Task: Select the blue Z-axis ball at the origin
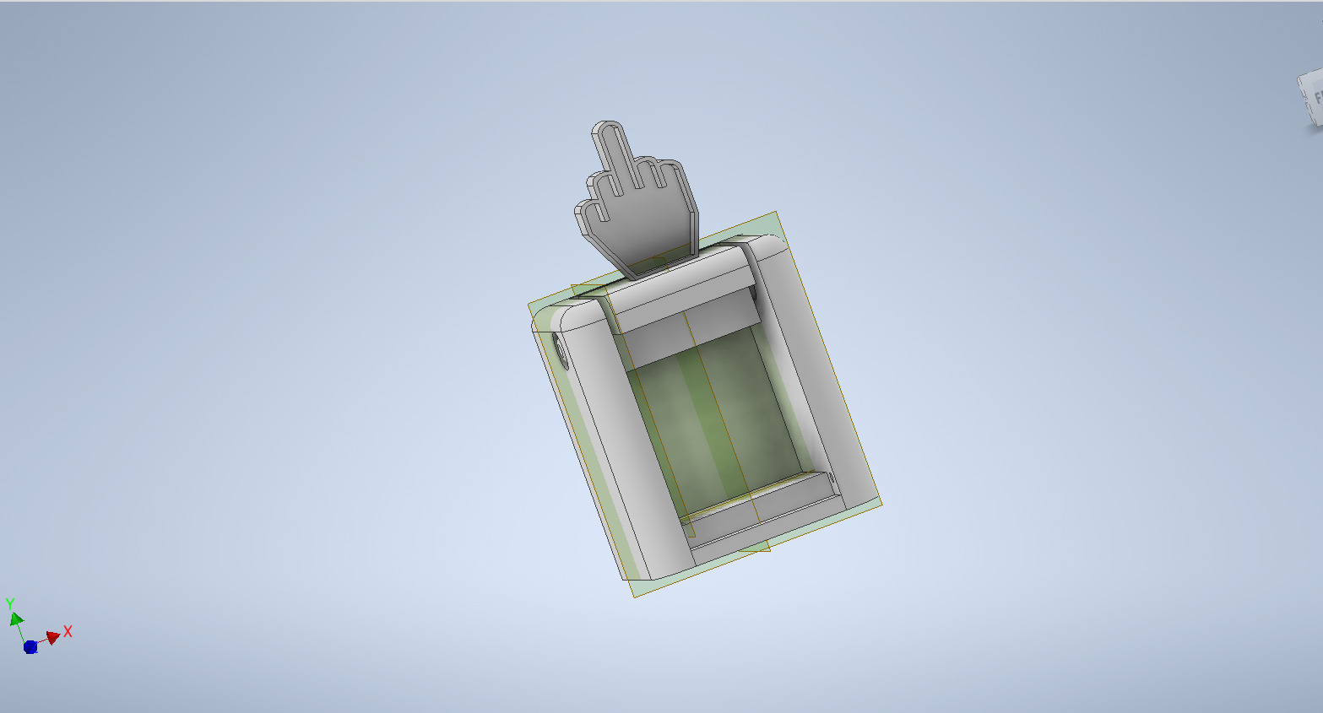pos(30,647)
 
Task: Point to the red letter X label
pos(68,631)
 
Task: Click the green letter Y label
pos(10,604)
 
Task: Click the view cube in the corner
pos(1311,100)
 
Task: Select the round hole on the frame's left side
pos(561,350)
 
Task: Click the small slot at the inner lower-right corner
pos(831,480)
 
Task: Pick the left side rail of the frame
pos(608,439)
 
